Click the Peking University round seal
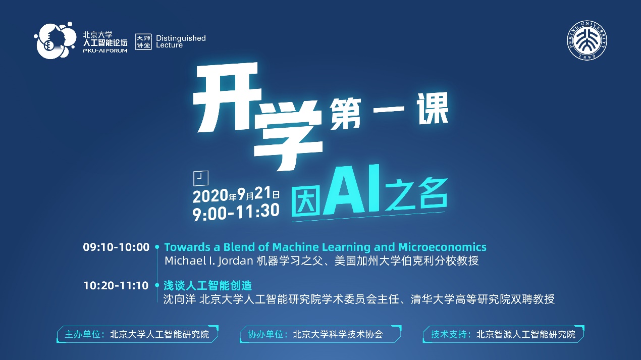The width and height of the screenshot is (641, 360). (x=587, y=40)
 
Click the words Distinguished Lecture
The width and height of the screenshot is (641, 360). (x=181, y=42)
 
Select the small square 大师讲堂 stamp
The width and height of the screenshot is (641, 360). (x=143, y=42)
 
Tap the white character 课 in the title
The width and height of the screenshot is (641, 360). (x=432, y=109)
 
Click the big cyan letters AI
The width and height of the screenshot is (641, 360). (x=352, y=190)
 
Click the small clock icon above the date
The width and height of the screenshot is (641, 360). (x=201, y=178)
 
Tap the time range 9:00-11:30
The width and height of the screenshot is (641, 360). (x=236, y=212)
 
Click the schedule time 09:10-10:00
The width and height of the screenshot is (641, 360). (x=116, y=247)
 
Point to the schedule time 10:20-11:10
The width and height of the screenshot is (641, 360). (x=116, y=286)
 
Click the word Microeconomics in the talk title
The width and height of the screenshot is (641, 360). (x=443, y=247)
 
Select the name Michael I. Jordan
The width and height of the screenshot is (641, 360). (x=209, y=261)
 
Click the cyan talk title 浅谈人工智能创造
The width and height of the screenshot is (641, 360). (x=208, y=286)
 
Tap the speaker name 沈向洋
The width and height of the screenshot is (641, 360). (x=180, y=299)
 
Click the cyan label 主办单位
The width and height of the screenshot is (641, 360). (x=82, y=335)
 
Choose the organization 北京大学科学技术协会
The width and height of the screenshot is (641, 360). (x=338, y=335)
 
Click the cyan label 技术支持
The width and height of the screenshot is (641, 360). (x=448, y=335)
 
